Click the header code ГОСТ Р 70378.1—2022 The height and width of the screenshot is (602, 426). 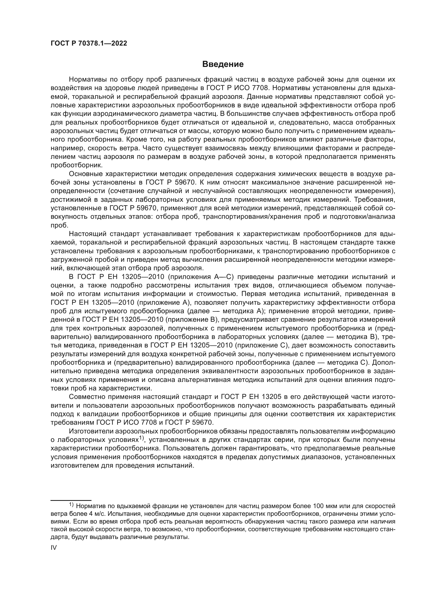tap(89, 43)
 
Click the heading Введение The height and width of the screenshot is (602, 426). tap(223, 64)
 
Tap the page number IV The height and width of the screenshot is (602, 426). tap(54, 548)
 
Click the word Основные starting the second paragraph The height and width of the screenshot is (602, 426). tap(86, 174)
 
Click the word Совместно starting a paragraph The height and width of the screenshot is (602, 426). tap(86, 397)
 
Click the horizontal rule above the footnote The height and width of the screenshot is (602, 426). tap(71, 500)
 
